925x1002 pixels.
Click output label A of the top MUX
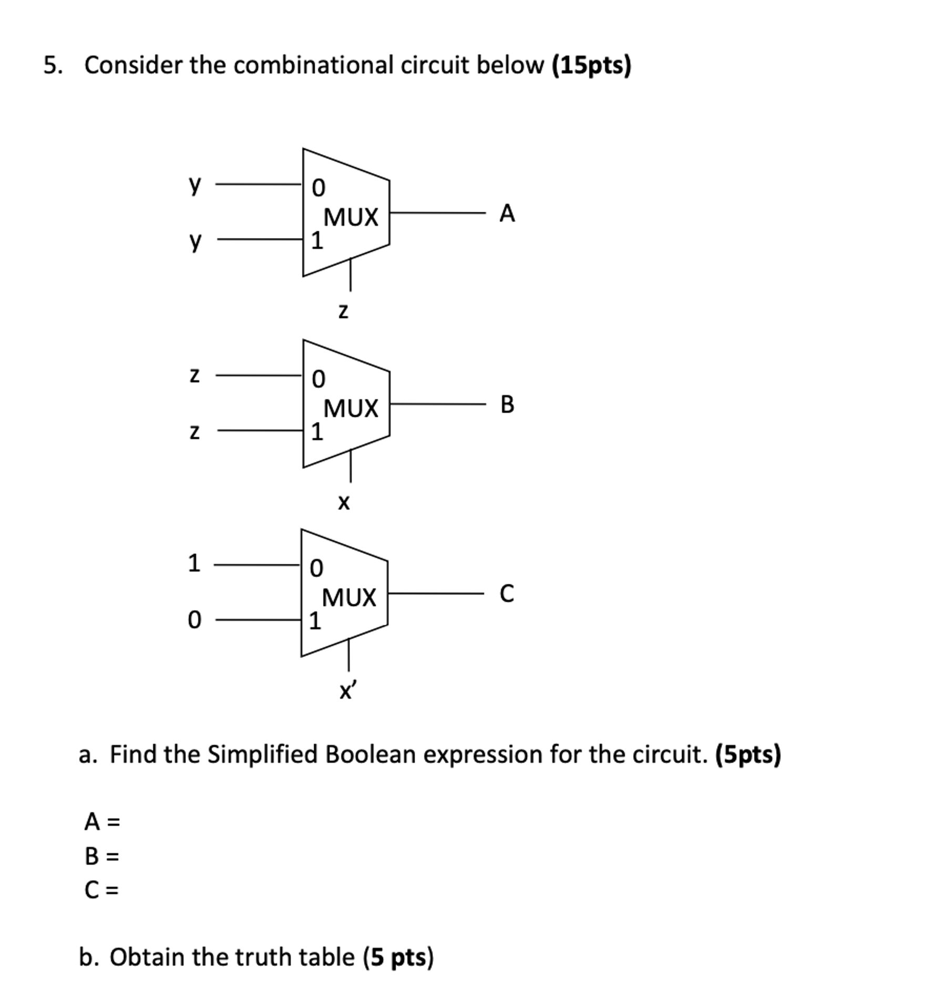point(507,214)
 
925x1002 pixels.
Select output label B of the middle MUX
point(507,405)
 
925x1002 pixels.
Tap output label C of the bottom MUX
point(507,594)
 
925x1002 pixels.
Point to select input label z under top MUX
point(343,312)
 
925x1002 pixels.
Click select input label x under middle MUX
point(343,503)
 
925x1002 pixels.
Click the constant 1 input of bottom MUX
point(194,563)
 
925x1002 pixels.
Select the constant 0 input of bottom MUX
point(194,621)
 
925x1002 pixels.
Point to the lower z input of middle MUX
point(194,432)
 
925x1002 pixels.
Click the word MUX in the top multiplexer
point(351,217)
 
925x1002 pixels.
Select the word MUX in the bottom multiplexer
point(349,597)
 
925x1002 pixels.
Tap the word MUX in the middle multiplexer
point(351,408)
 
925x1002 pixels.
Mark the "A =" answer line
point(102,822)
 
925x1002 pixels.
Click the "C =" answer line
point(102,890)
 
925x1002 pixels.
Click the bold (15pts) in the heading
point(591,66)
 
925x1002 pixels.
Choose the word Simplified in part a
point(263,755)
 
